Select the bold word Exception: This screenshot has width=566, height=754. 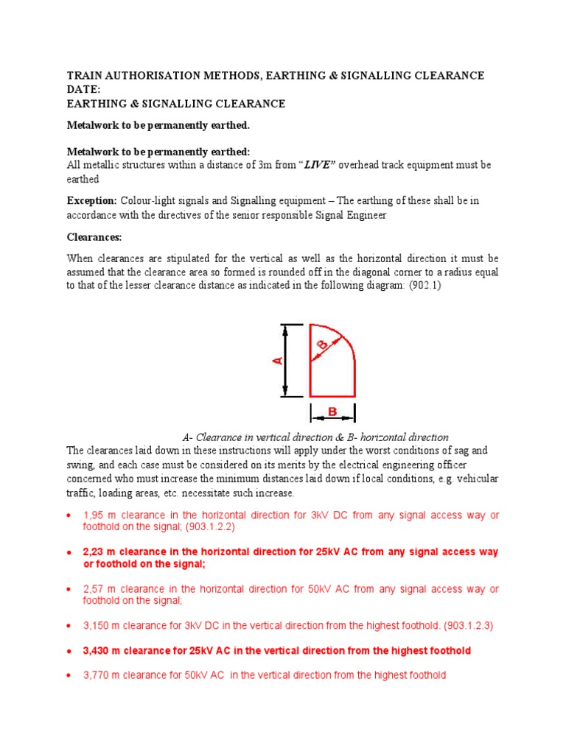pos(92,200)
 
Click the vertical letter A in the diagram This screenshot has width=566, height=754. pos(278,361)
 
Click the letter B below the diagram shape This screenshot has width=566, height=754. pos(332,412)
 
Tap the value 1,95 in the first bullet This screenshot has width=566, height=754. pos(95,515)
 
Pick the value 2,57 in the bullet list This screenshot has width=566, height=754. pos(95,589)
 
